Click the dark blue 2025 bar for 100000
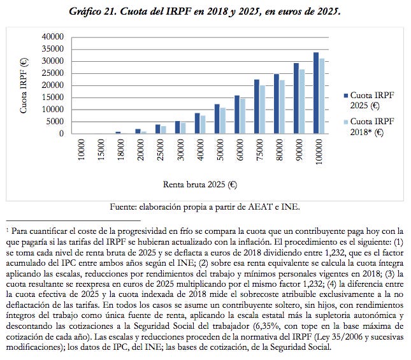click(316, 93)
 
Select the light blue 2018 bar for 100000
click(322, 96)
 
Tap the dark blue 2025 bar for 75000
click(256, 106)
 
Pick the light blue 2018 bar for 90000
click(302, 101)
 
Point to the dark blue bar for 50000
click(217, 119)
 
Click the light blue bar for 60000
click(242, 116)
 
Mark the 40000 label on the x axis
click(199, 152)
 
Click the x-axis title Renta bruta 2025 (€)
click(200, 185)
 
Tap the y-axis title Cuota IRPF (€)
click(24, 85)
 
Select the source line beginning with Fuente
click(205, 206)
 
